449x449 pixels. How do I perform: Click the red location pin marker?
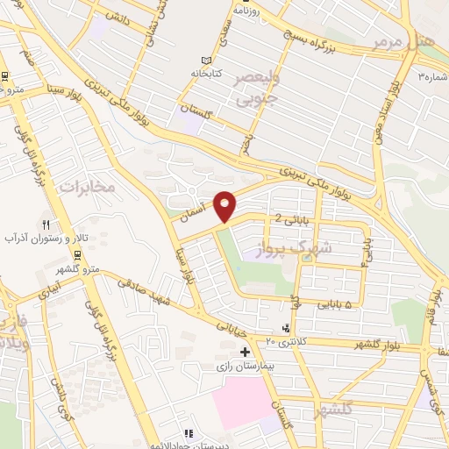click(225, 205)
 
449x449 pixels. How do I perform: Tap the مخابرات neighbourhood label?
click(88, 186)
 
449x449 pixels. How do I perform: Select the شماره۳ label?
click(433, 75)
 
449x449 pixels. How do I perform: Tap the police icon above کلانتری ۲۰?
click(283, 327)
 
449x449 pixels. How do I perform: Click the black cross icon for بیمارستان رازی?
click(232, 352)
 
